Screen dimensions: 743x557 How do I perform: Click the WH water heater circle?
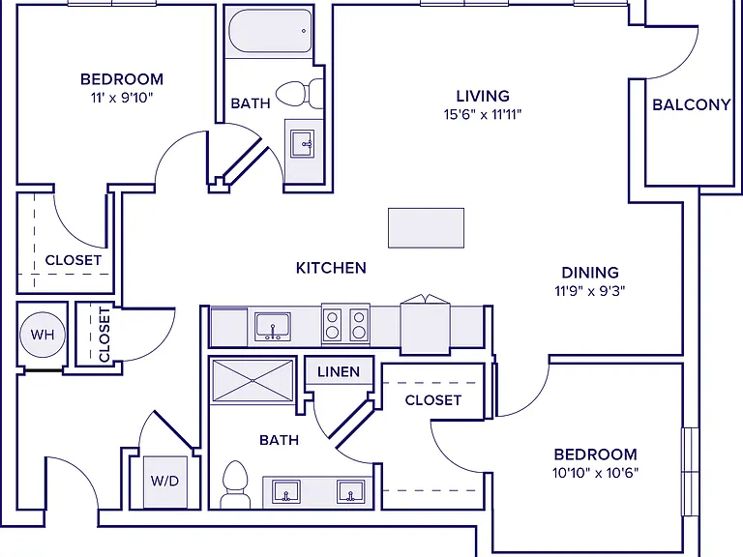(43, 335)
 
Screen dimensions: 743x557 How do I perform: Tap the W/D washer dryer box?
(164, 482)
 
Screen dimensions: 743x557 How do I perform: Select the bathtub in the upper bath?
(270, 31)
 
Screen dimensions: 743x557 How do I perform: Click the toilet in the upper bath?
(300, 94)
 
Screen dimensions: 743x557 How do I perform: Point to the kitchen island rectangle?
(426, 228)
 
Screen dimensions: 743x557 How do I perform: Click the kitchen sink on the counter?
(273, 326)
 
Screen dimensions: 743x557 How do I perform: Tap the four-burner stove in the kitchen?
(345, 324)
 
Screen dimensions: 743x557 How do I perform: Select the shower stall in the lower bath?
(253, 381)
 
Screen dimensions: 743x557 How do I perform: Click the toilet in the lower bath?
(235, 484)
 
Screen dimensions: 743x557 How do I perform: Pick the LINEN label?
(339, 371)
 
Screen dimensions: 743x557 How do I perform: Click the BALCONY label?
(692, 104)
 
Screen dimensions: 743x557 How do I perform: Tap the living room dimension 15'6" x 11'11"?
(483, 115)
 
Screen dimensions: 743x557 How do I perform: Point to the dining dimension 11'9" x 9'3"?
(590, 291)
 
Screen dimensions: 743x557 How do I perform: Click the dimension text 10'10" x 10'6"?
(595, 473)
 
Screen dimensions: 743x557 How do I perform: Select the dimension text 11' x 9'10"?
(122, 98)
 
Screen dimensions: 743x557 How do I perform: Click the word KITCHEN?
(331, 268)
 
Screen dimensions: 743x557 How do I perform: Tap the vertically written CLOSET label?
(104, 335)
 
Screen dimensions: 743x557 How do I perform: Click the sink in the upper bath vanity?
(302, 143)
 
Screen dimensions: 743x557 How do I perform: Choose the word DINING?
(590, 273)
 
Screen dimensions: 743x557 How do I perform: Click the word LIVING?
(483, 96)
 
